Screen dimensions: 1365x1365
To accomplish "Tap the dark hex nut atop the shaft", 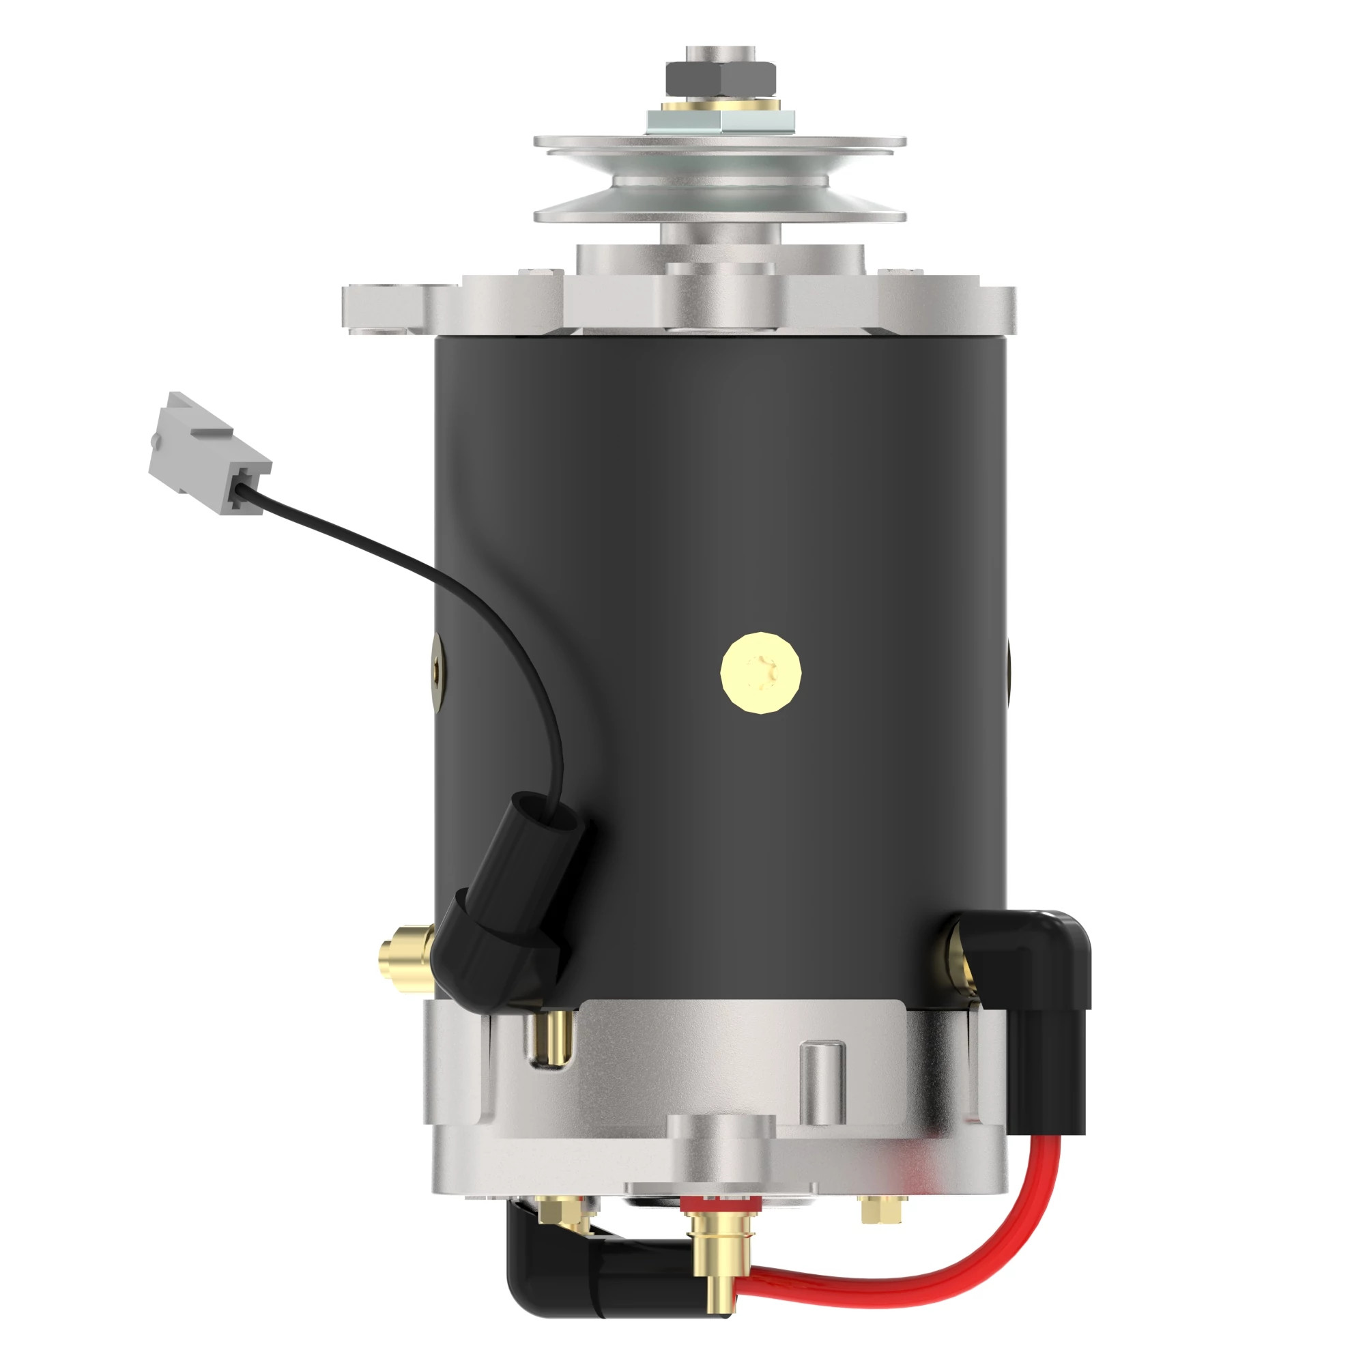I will tap(719, 78).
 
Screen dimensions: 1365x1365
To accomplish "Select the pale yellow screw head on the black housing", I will tap(761, 673).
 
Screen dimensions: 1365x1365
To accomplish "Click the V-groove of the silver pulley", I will tap(719, 180).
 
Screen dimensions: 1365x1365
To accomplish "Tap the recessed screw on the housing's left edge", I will tap(437, 667).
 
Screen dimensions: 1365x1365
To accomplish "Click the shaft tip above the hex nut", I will tap(719, 53).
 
